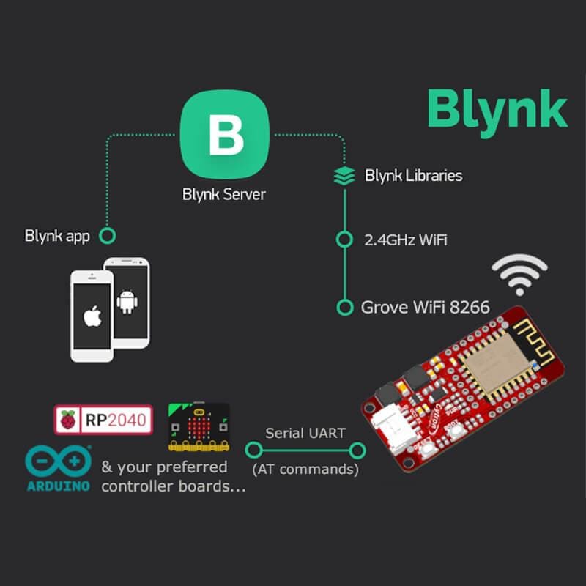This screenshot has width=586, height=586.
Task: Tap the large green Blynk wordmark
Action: point(497,109)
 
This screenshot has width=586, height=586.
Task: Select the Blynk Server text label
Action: point(224,195)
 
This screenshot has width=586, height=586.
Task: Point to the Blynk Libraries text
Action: point(413,176)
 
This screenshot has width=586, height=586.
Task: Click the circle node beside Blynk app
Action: point(108,236)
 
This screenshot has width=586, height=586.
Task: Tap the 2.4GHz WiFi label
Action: point(401,240)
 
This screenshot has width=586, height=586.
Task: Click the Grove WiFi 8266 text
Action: point(425,307)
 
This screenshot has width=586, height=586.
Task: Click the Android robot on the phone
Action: point(127,300)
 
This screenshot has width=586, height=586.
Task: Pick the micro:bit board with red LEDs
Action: point(198,426)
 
